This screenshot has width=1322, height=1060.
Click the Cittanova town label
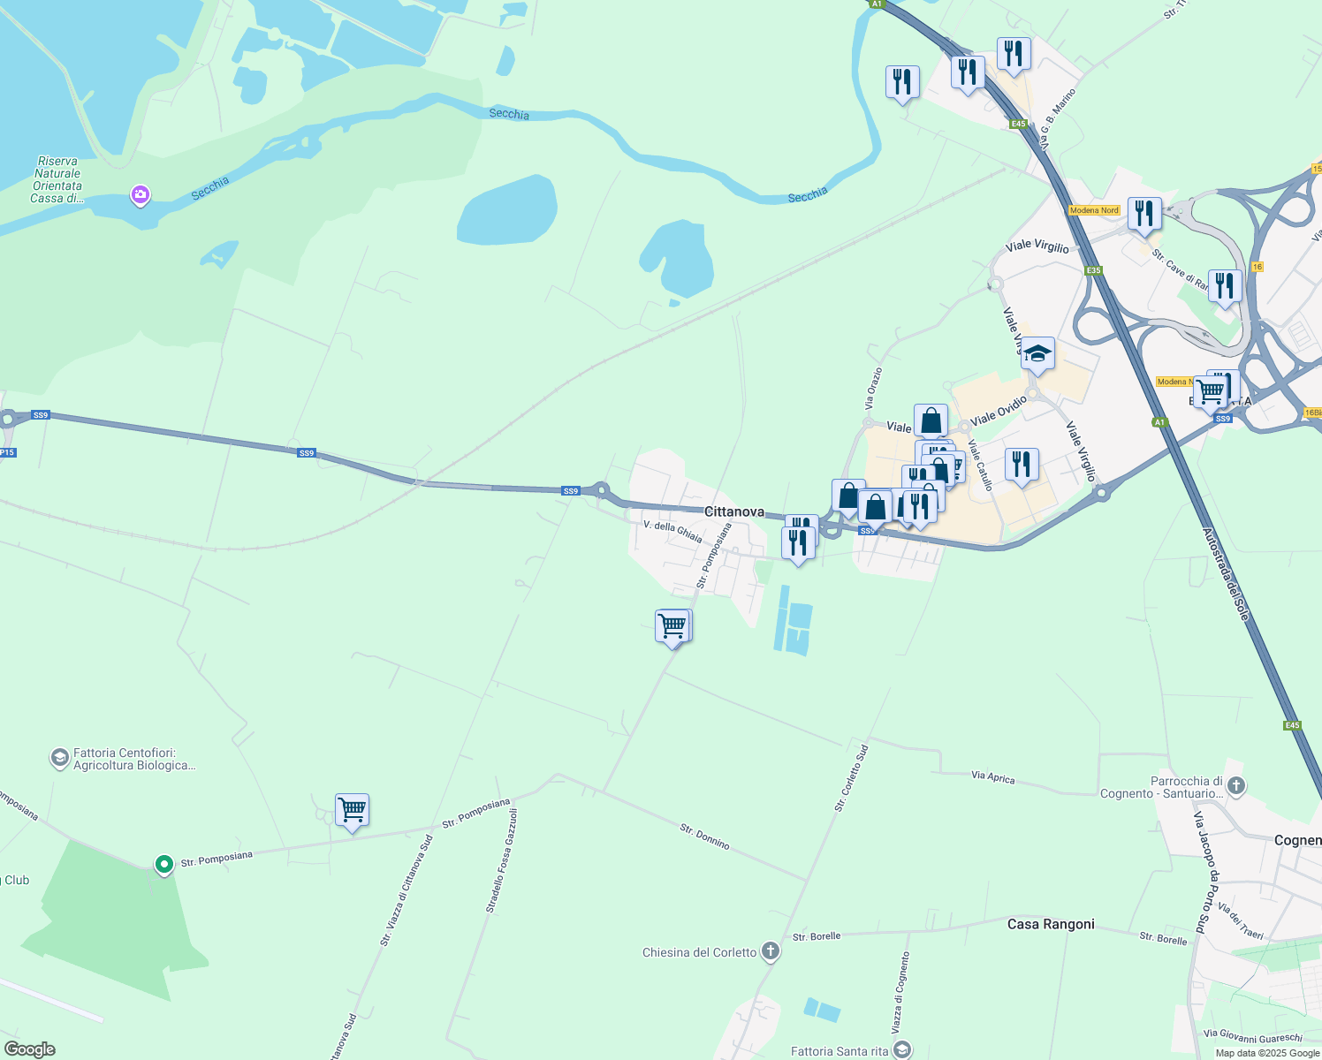point(733,511)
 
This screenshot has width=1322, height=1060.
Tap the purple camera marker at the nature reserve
point(140,194)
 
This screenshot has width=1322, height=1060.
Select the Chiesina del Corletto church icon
point(771,951)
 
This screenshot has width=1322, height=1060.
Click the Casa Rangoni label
point(1051,924)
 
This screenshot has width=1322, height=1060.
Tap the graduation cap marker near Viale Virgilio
point(1037,354)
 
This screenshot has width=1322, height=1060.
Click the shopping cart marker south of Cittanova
point(672,626)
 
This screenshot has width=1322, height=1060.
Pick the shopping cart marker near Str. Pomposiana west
point(352,809)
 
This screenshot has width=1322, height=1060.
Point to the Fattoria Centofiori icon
point(59,758)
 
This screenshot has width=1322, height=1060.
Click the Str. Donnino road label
point(704,837)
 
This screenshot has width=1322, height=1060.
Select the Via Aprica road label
point(992,777)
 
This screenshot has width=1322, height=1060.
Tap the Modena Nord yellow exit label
point(1094,210)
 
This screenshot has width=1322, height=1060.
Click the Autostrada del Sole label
point(1226,574)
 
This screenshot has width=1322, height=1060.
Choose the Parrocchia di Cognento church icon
point(1235,784)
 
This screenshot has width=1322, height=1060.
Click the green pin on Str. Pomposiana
point(163,864)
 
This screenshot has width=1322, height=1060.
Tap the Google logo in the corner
point(30,1049)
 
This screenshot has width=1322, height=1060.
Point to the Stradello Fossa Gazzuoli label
point(501,860)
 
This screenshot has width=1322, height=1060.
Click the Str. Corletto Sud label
point(852,778)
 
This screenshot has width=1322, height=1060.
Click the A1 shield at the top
point(876,4)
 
